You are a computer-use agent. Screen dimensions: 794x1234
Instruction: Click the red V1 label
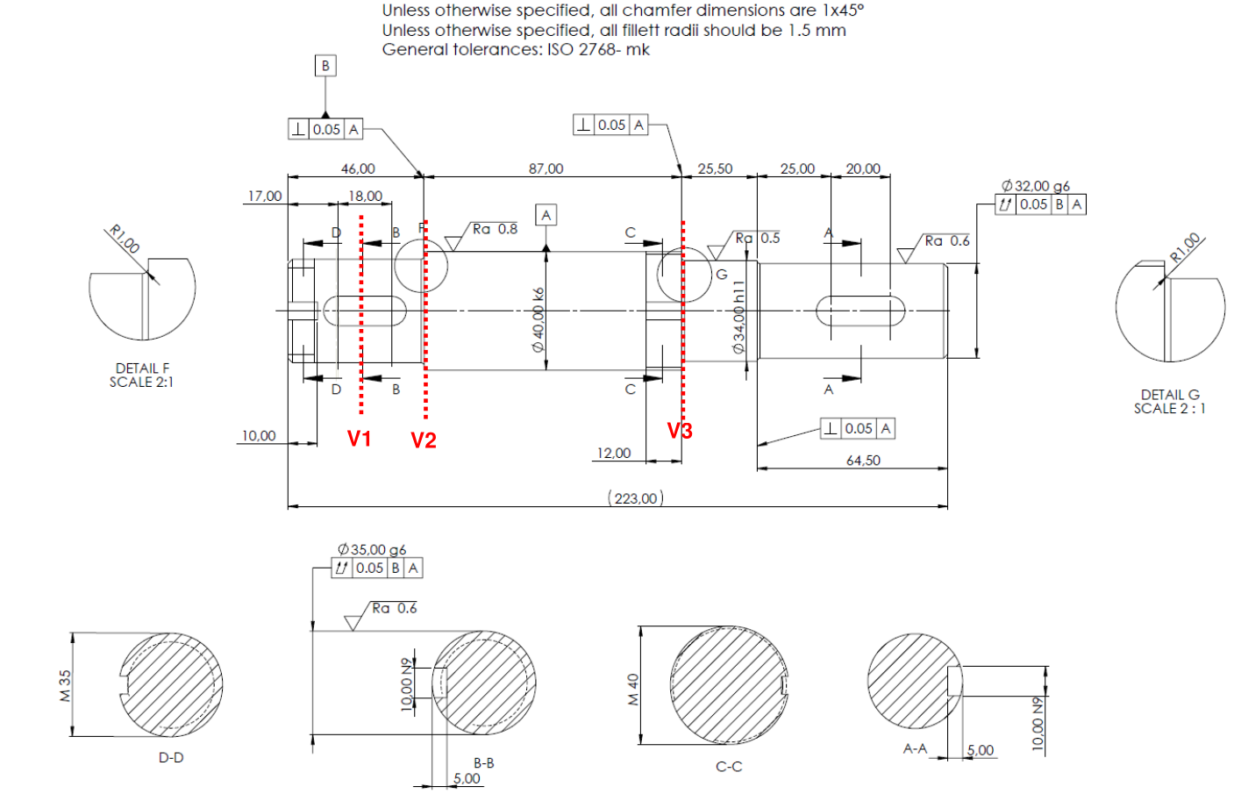tap(360, 439)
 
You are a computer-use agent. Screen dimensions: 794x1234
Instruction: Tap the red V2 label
tap(423, 440)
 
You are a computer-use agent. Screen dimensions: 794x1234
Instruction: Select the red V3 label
tap(680, 431)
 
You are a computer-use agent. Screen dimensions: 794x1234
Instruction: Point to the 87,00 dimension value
tap(546, 168)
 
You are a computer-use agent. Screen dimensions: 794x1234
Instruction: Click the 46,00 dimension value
tap(358, 168)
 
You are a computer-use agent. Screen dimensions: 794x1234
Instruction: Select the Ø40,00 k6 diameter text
tap(538, 320)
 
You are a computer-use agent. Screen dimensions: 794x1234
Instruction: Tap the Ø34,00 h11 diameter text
tap(738, 318)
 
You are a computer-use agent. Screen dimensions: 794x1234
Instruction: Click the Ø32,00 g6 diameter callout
tap(1035, 186)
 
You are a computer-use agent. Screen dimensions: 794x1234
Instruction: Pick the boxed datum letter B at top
tap(325, 66)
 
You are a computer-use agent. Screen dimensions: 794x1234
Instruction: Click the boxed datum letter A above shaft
tap(546, 215)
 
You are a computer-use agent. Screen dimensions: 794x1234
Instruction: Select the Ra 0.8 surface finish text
tap(495, 229)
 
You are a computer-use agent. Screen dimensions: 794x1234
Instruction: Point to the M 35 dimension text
tap(65, 685)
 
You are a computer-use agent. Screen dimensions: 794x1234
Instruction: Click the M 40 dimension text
tap(633, 690)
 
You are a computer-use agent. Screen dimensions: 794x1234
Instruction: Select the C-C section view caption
tap(729, 767)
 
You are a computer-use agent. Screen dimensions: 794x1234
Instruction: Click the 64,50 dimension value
tap(863, 461)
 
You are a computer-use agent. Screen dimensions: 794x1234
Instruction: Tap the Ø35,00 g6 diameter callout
tap(372, 550)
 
